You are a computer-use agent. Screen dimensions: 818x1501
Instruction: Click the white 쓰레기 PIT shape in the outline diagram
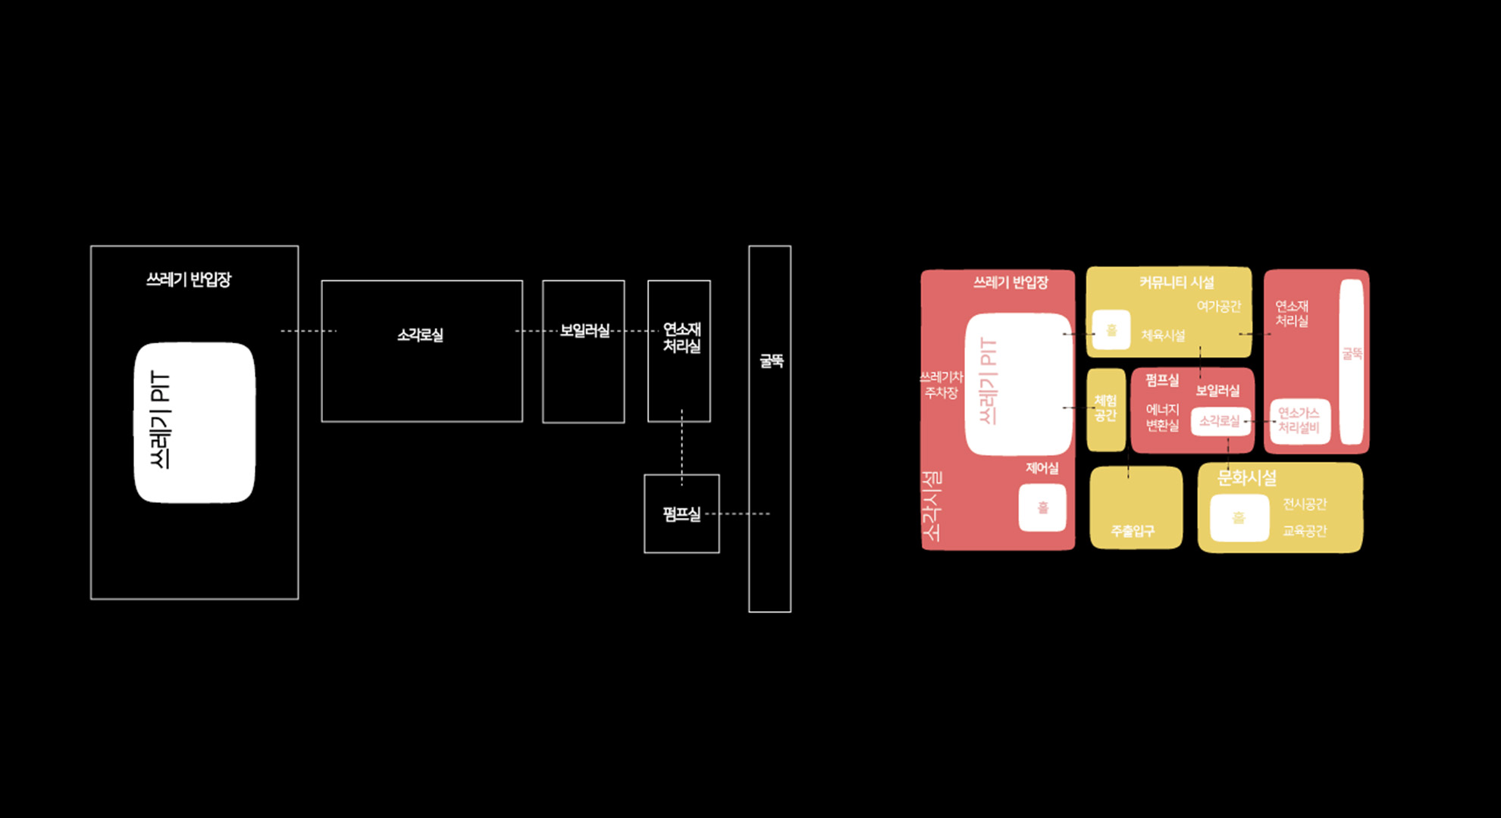pyautogui.click(x=194, y=423)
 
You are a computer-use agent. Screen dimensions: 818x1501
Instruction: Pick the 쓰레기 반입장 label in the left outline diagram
pyautogui.click(x=189, y=279)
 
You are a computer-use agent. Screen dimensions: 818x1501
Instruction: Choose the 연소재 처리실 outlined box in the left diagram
pyautogui.click(x=679, y=379)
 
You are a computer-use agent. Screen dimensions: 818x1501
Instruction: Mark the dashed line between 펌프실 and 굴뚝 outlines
pyautogui.click(x=739, y=514)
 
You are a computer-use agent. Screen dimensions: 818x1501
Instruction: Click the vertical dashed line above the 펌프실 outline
pyautogui.click(x=682, y=447)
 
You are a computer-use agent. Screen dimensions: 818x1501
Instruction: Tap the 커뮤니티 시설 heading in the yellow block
pyautogui.click(x=1176, y=283)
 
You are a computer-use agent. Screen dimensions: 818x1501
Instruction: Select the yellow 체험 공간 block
pyautogui.click(x=1105, y=409)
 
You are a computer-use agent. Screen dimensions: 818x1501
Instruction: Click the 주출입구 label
pyautogui.click(x=1133, y=531)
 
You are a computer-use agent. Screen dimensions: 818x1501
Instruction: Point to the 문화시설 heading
pyautogui.click(x=1246, y=478)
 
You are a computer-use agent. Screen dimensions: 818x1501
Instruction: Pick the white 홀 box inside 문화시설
pyautogui.click(x=1239, y=518)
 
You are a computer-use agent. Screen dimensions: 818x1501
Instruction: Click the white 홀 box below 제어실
pyautogui.click(x=1042, y=507)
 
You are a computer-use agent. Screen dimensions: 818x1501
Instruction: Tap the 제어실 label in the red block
pyautogui.click(x=1042, y=468)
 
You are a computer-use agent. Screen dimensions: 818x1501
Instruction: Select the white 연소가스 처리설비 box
pyautogui.click(x=1299, y=420)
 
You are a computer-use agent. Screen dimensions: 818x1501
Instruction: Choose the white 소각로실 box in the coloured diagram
pyautogui.click(x=1219, y=421)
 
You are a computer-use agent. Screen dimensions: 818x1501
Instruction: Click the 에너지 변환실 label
pyautogui.click(x=1162, y=417)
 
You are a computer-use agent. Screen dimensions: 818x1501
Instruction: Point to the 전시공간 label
pyautogui.click(x=1304, y=504)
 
